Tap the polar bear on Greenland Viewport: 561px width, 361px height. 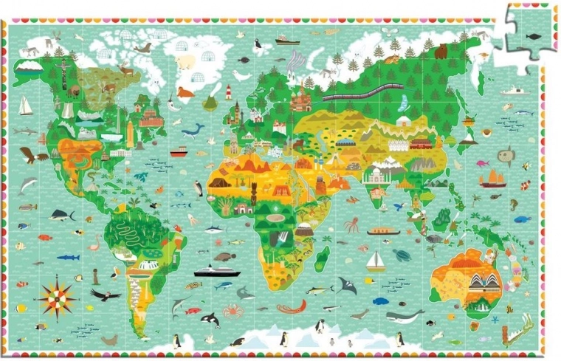click(185, 61)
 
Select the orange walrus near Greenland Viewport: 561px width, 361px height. click(184, 93)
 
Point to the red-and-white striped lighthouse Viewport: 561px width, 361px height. click(229, 92)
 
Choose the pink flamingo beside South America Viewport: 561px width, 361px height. click(94, 241)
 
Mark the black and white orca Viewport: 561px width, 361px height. click(210, 320)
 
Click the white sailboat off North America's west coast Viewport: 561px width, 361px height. click(26, 107)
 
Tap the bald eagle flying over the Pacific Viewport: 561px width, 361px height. click(32, 154)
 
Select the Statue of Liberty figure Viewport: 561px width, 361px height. click(130, 133)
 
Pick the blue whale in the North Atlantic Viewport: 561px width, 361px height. click(193, 131)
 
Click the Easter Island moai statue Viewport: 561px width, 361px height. click(95, 275)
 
